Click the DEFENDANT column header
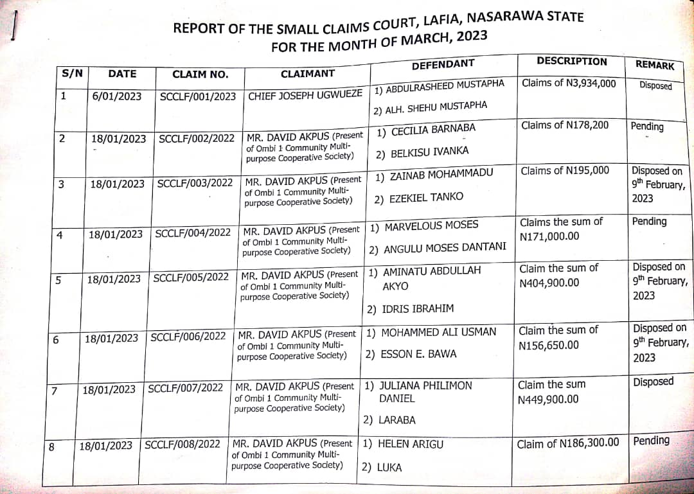443,64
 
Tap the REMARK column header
655,65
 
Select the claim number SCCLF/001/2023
197,96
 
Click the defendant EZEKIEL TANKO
426,198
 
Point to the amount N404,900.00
549,283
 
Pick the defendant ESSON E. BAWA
418,354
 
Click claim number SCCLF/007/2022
185,388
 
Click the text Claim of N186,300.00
568,443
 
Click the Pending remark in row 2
647,126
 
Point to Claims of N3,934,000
569,84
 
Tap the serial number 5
58,279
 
